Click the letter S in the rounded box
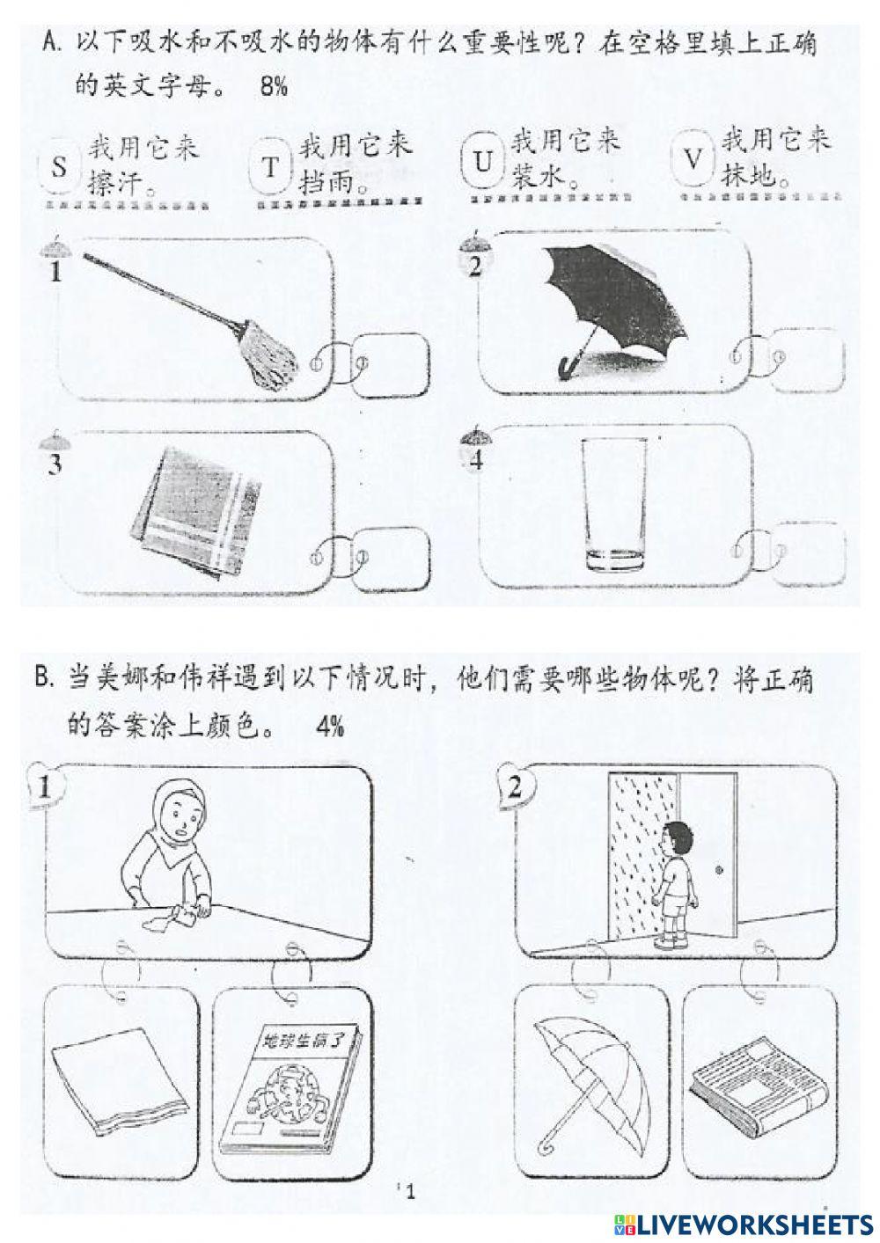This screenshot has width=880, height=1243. (59, 166)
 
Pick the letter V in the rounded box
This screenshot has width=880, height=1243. (694, 160)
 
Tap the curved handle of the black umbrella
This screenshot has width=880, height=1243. (567, 365)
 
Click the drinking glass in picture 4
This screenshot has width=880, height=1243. (613, 505)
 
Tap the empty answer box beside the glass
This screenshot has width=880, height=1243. (810, 554)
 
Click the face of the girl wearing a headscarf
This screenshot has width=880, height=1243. (180, 821)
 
